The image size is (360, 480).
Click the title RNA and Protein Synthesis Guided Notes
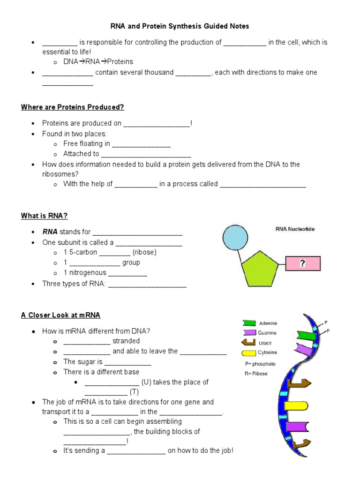click(x=180, y=26)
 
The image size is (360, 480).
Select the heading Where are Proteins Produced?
click(x=72, y=107)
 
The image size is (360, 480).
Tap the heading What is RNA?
click(x=45, y=216)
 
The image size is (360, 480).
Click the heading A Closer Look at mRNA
click(x=60, y=315)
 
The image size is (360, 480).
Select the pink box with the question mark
click(x=302, y=264)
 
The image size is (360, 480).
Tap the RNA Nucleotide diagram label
click(x=295, y=229)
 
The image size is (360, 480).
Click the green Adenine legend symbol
click(x=249, y=323)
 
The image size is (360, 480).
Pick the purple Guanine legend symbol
click(x=249, y=333)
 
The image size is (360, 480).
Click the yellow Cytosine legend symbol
click(x=249, y=352)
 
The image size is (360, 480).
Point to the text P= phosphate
click(x=260, y=364)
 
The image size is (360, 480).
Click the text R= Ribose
click(x=256, y=374)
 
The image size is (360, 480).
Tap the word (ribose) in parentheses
click(x=144, y=252)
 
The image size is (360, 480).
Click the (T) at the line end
click(x=135, y=392)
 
